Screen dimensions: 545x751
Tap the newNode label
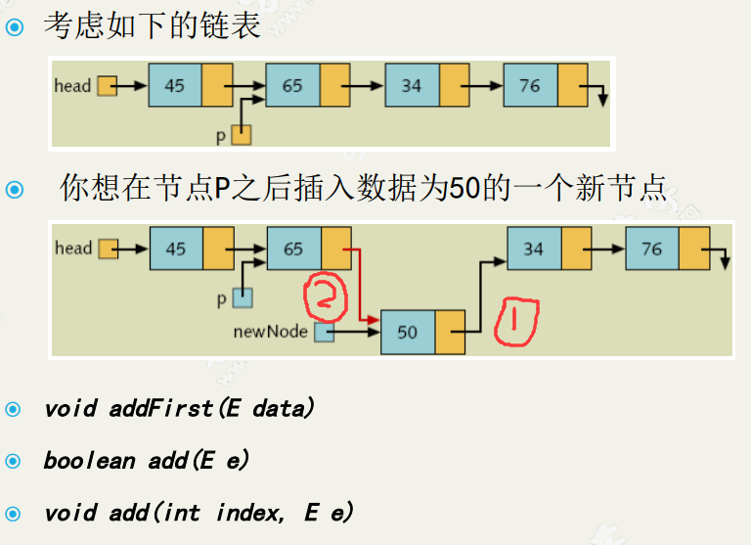(270, 332)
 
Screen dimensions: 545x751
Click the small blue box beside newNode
(324, 333)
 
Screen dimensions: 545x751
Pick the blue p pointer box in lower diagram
(242, 298)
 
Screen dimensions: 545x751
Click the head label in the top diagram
(72, 86)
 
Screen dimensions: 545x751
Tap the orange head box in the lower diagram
(108, 249)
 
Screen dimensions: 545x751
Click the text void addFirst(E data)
(179, 409)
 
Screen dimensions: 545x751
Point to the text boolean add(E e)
(148, 460)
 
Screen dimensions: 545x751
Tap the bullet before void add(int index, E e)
(13, 512)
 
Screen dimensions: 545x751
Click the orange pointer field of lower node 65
(336, 249)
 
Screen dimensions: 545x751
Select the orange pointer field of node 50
(450, 332)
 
